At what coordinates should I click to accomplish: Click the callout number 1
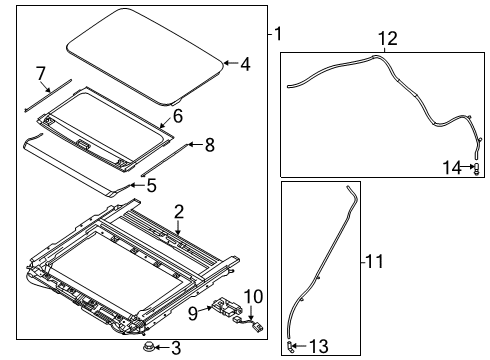click(x=278, y=34)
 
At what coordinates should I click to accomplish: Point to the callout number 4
click(x=245, y=64)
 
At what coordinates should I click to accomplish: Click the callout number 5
click(x=151, y=185)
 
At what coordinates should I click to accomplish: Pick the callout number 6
click(x=178, y=115)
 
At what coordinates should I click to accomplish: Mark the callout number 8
click(x=209, y=145)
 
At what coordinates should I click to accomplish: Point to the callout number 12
click(x=386, y=38)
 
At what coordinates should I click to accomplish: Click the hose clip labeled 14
click(x=474, y=168)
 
